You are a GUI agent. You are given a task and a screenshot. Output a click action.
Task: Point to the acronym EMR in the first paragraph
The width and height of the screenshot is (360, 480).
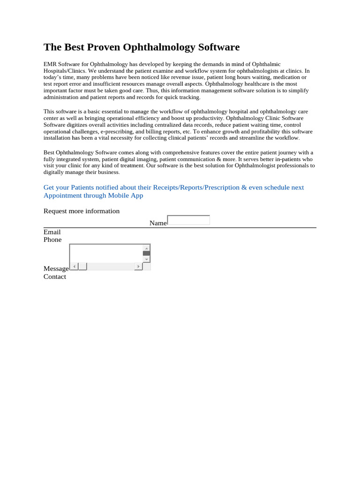pyautogui.click(x=50, y=64)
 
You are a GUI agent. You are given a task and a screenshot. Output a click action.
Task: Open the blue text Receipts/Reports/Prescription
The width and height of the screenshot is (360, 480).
pyautogui.click(x=196, y=187)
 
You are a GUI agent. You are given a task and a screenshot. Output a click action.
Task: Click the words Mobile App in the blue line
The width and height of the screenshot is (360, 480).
pyautogui.click(x=126, y=195)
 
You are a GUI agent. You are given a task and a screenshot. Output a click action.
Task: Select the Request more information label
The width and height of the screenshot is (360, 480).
pyautogui.click(x=82, y=211)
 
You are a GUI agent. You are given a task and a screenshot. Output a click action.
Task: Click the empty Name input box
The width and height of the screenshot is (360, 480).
pyautogui.click(x=188, y=220)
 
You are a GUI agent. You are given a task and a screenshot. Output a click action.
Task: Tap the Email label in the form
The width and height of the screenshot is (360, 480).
pyautogui.click(x=52, y=232)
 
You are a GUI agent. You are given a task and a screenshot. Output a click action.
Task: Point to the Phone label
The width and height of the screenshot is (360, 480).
pyautogui.click(x=52, y=240)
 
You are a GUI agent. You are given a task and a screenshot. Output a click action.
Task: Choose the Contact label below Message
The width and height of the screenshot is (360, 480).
pyautogui.click(x=55, y=277)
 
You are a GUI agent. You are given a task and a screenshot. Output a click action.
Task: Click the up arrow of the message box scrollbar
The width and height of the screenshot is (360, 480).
pyautogui.click(x=147, y=248)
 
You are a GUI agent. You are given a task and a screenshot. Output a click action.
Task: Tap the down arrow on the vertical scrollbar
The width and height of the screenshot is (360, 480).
pyautogui.click(x=147, y=259)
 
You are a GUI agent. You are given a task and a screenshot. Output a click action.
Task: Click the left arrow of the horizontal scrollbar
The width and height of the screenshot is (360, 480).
pyautogui.click(x=74, y=266)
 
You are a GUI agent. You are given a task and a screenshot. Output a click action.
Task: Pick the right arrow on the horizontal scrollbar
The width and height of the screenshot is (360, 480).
pyautogui.click(x=138, y=266)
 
